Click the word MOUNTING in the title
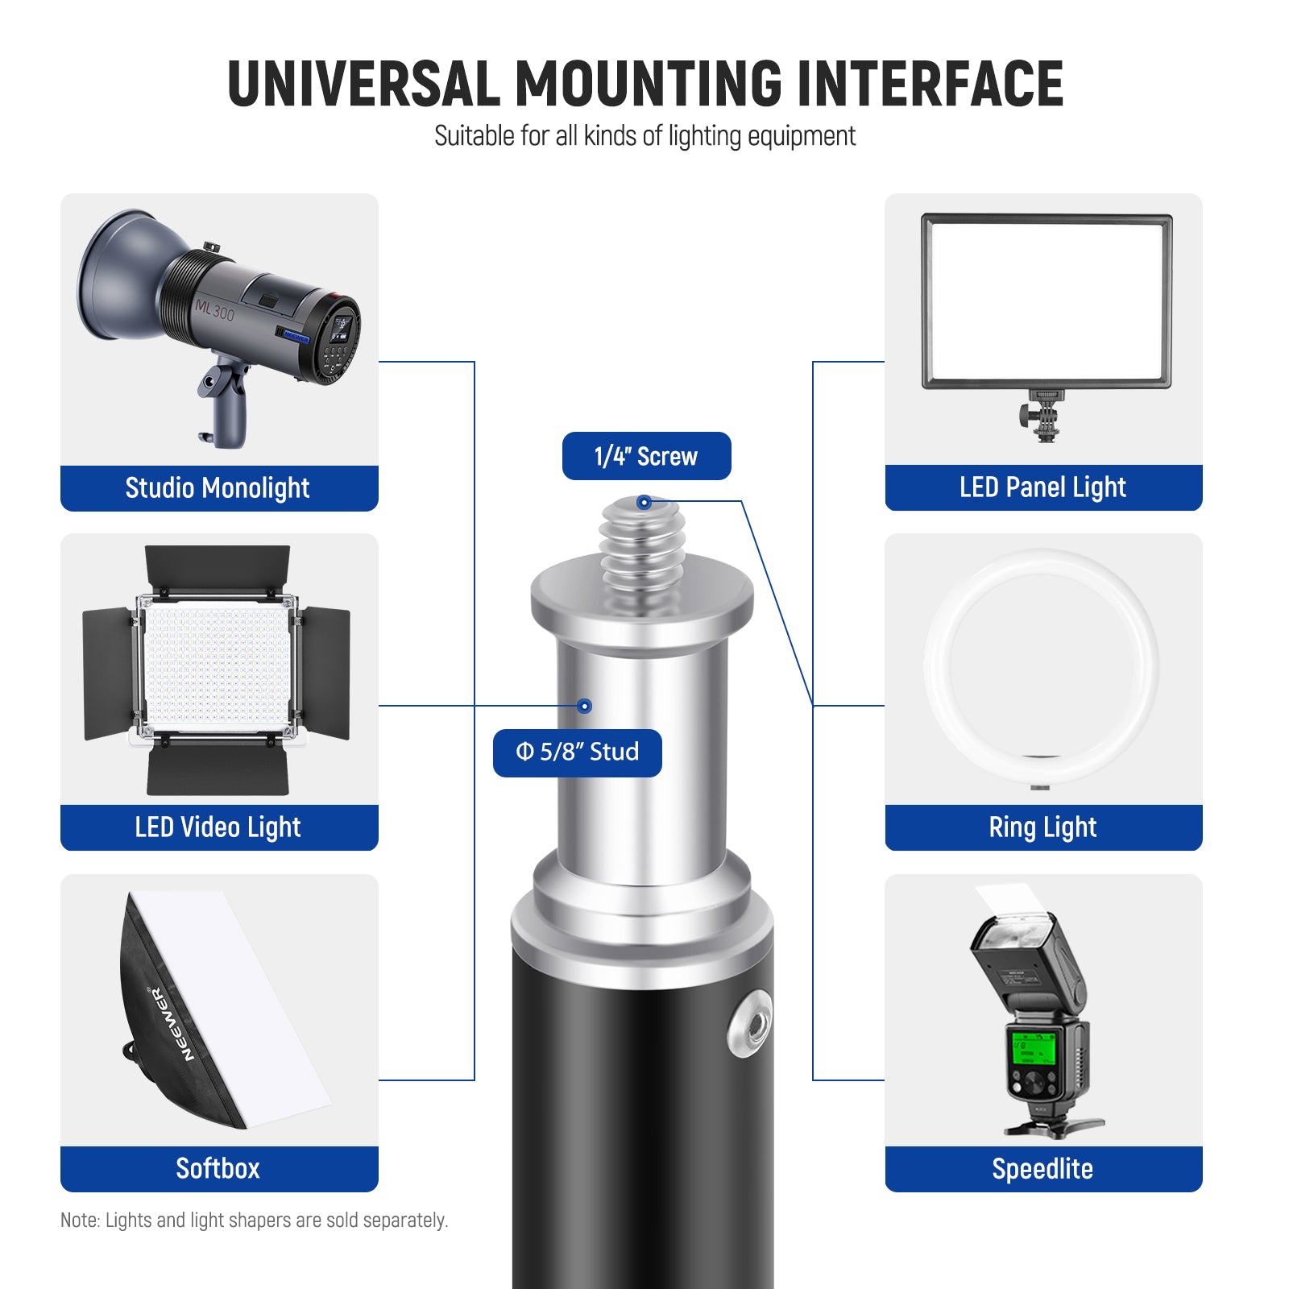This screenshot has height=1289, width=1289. tap(649, 84)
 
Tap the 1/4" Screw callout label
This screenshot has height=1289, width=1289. tap(646, 456)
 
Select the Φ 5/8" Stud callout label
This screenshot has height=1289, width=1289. tap(578, 752)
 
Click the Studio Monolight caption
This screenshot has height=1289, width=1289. tap(218, 488)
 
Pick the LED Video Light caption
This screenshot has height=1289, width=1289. tap(218, 827)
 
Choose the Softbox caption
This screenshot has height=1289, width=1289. tap(218, 1168)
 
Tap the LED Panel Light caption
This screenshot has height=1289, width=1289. tap(1042, 487)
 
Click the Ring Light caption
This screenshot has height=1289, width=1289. tap(1042, 827)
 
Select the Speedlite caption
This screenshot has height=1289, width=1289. tap(1042, 1168)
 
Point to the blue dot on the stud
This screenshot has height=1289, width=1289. tap(585, 707)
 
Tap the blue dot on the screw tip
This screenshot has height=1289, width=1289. tap(644, 503)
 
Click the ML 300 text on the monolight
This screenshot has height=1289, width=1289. tap(214, 309)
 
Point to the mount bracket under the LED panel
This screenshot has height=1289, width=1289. tap(1043, 416)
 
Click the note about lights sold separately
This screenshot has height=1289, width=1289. tap(255, 1221)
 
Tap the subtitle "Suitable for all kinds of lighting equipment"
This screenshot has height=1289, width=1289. tap(644, 136)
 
